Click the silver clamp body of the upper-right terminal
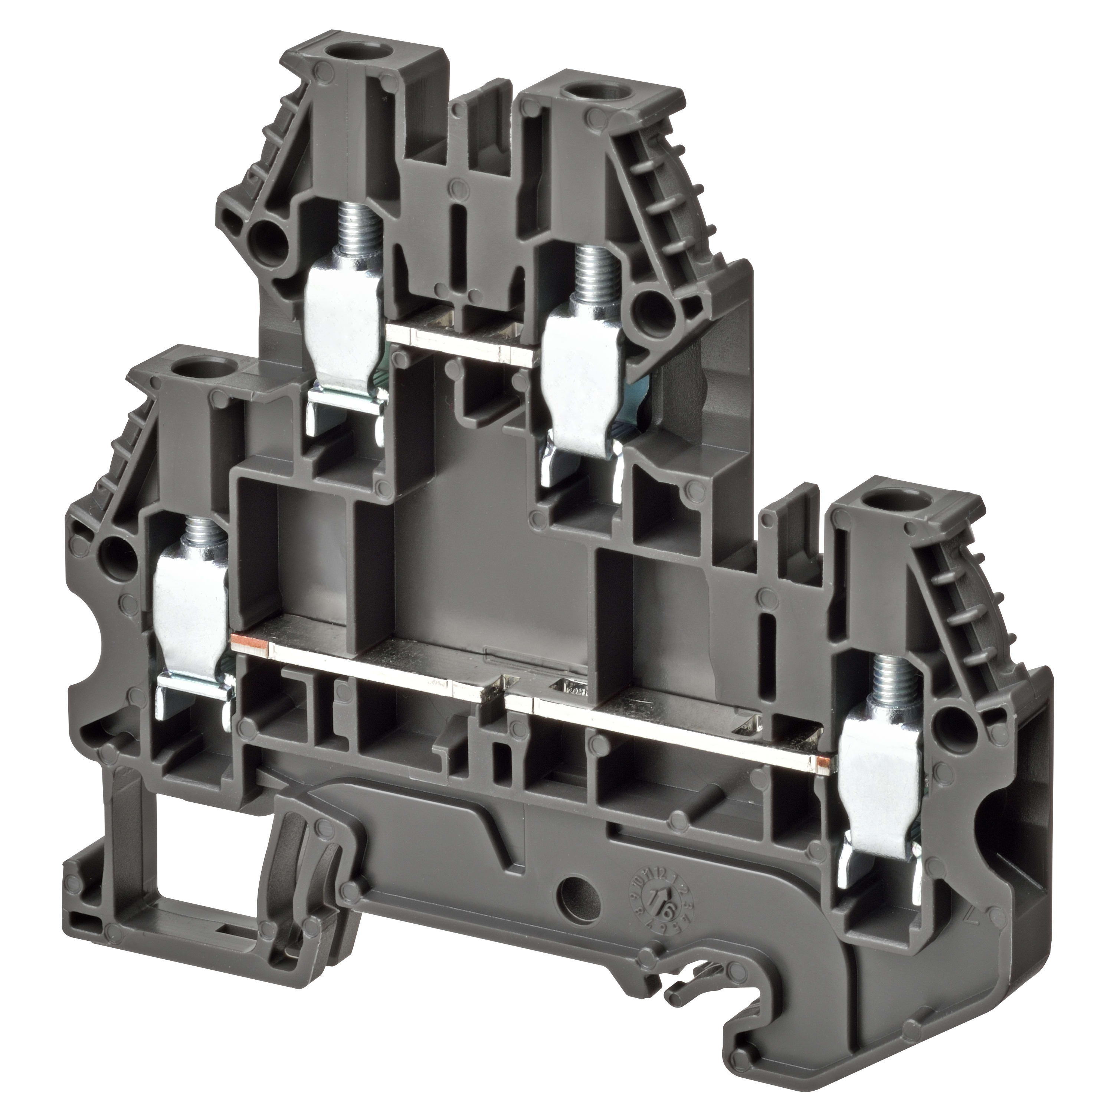[584, 376]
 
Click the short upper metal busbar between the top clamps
[462, 341]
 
